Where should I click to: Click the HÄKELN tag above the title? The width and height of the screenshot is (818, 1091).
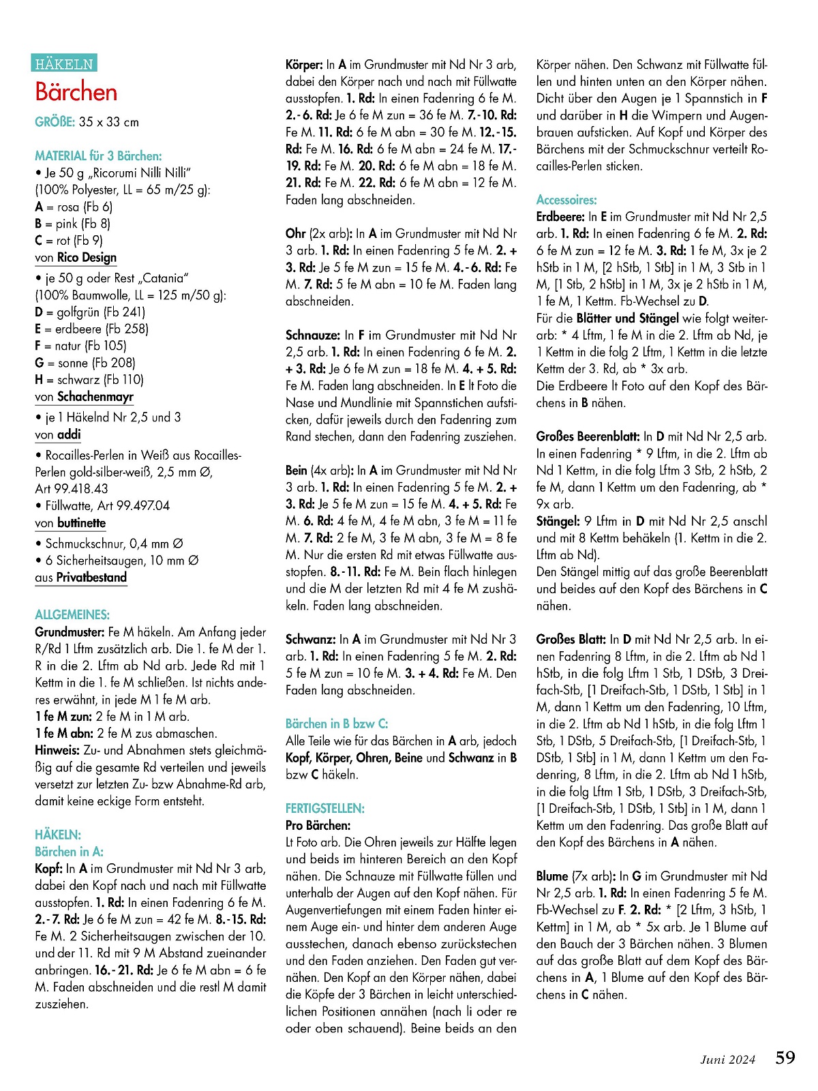(64, 63)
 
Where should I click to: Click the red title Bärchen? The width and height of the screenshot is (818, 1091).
(76, 92)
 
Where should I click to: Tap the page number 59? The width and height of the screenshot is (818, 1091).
(785, 1058)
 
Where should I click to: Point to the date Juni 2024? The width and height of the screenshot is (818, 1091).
(728, 1060)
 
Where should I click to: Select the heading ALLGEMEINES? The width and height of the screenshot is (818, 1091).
(72, 614)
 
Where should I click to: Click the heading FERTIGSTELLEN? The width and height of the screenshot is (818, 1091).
(325, 809)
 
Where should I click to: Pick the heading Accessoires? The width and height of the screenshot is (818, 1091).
(566, 200)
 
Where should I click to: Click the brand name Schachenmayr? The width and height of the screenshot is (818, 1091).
(95, 397)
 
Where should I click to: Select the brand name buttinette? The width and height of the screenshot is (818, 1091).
(82, 523)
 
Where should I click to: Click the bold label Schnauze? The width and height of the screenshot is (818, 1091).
(313, 335)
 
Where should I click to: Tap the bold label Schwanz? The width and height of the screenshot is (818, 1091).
(311, 640)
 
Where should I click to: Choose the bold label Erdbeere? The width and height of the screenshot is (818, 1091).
(561, 217)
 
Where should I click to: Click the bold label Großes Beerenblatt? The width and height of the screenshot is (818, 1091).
(588, 436)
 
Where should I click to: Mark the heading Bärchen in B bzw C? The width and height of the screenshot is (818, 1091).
(337, 724)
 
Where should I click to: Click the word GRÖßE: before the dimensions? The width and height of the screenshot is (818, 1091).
(55, 122)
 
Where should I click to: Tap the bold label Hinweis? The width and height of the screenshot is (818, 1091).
(58, 751)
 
